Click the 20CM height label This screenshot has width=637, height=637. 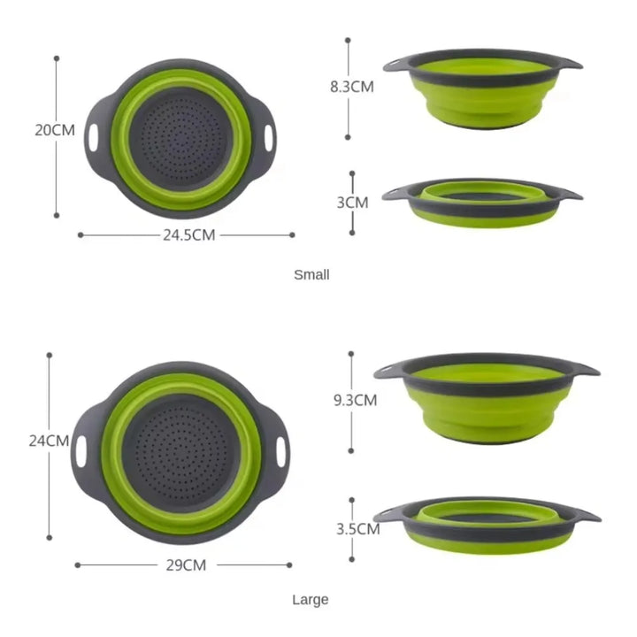(55, 130)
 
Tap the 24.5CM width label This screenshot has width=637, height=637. (188, 234)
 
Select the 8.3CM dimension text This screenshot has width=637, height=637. (351, 86)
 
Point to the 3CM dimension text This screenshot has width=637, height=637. (352, 202)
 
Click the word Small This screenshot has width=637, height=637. (311, 274)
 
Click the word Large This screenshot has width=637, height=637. (311, 600)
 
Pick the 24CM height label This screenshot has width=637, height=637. (49, 440)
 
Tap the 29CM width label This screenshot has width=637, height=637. (184, 564)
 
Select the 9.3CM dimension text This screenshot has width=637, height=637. (355, 400)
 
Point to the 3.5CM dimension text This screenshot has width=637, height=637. (357, 529)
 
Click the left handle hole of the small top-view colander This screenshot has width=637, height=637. (93, 137)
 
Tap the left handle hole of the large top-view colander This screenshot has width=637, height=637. (82, 451)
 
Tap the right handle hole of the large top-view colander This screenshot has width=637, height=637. (283, 451)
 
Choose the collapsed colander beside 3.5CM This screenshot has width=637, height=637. (487, 524)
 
